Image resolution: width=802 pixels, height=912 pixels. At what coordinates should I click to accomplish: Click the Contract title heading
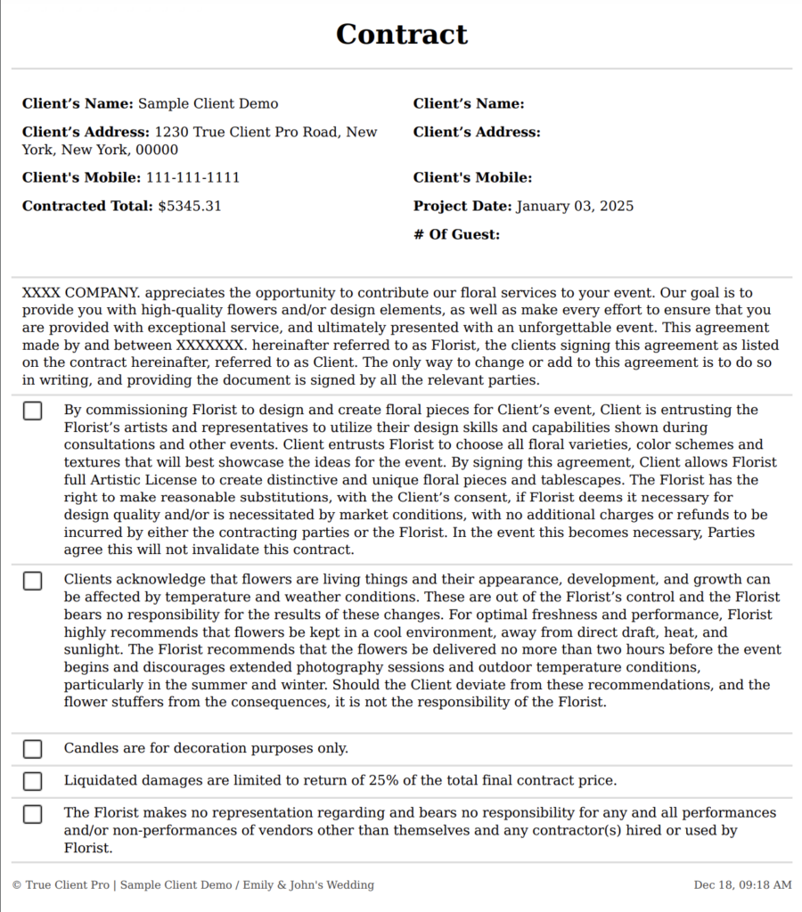tap(401, 34)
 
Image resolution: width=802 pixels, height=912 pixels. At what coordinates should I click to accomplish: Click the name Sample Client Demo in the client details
tap(208, 104)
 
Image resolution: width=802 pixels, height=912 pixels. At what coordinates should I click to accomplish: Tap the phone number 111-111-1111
tap(192, 177)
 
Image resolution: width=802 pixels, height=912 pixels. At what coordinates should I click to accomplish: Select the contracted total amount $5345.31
tap(189, 206)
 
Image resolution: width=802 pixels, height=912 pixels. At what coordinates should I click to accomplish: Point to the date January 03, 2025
tap(575, 206)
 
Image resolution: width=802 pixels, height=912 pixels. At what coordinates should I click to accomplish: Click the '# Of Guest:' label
tap(456, 234)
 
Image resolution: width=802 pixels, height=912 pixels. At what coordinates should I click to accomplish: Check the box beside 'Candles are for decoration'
tap(33, 749)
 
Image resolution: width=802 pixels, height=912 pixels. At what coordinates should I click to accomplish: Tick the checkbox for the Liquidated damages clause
tap(33, 781)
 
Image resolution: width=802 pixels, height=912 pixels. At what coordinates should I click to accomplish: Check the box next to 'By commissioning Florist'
tap(33, 411)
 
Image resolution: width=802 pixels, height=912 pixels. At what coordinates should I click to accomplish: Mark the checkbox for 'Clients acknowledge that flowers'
tap(33, 581)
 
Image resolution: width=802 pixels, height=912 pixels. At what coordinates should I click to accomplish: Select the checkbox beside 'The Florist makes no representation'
tap(33, 813)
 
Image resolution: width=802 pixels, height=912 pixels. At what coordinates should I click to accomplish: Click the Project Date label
tap(462, 206)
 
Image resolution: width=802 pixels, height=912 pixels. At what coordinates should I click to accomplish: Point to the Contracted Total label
tap(87, 206)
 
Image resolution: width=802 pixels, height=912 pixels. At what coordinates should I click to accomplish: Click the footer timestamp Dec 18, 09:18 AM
tap(742, 885)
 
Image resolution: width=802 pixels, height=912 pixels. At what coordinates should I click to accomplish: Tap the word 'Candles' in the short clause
tap(91, 749)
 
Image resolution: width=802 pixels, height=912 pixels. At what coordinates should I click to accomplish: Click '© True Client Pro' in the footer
tap(61, 885)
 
